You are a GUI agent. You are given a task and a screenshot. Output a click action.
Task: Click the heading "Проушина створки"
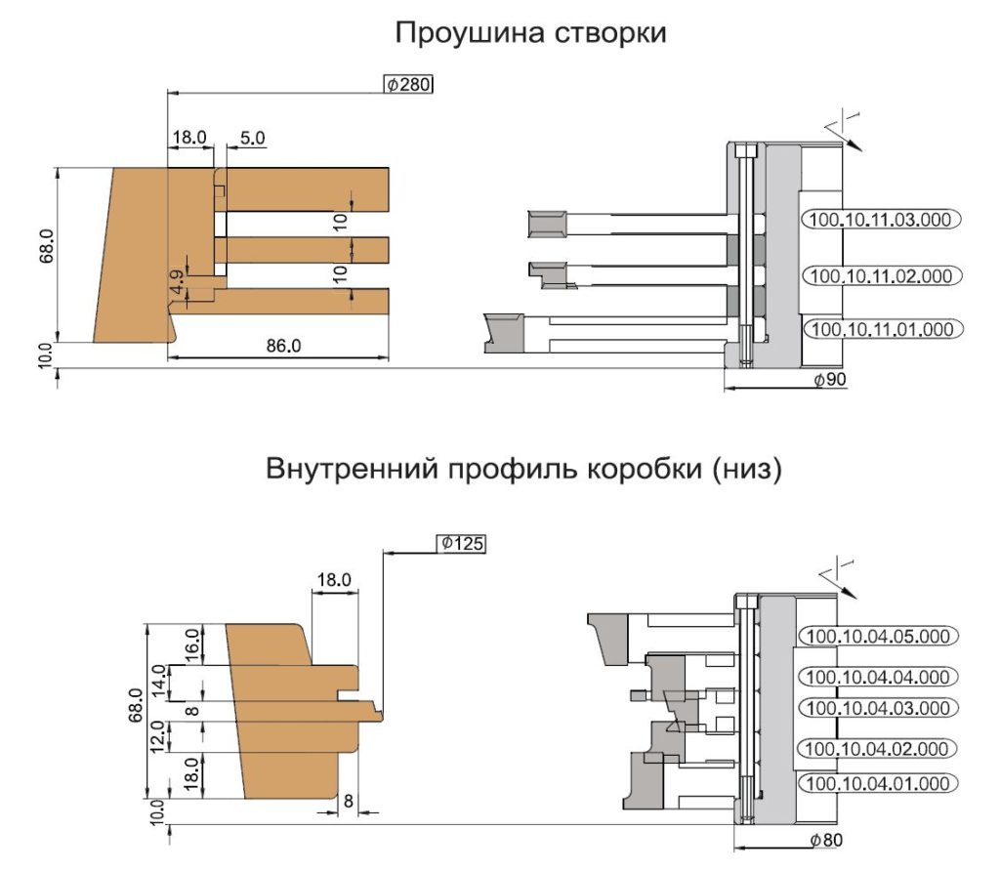click(x=530, y=32)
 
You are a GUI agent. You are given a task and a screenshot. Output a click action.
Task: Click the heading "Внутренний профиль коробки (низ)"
click(x=523, y=469)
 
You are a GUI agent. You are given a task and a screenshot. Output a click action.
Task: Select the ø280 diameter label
click(x=408, y=84)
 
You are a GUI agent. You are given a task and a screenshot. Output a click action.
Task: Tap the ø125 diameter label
click(x=461, y=544)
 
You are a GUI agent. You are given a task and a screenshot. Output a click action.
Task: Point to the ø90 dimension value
click(x=830, y=380)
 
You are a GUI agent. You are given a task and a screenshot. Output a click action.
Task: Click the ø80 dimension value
click(x=826, y=840)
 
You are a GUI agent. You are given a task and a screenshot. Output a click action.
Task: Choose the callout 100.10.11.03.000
click(x=881, y=220)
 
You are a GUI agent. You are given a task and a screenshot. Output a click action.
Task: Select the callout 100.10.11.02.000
click(x=881, y=276)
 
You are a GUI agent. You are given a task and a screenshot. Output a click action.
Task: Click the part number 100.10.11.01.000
click(x=883, y=329)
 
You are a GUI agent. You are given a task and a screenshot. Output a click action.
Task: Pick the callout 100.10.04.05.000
click(x=878, y=636)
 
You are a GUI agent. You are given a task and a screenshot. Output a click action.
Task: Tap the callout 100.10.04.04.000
click(x=878, y=677)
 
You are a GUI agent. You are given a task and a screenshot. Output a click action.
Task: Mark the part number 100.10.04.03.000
click(x=878, y=708)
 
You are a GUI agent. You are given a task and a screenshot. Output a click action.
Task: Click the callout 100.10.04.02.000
click(x=878, y=749)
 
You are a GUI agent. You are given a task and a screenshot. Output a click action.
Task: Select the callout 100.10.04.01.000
click(x=878, y=783)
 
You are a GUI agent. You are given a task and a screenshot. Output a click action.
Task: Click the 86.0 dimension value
click(x=283, y=346)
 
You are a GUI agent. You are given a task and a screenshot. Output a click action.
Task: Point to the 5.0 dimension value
click(x=253, y=138)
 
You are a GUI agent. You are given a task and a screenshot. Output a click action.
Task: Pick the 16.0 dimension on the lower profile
click(x=190, y=644)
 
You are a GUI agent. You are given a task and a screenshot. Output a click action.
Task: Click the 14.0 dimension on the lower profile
click(x=159, y=682)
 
